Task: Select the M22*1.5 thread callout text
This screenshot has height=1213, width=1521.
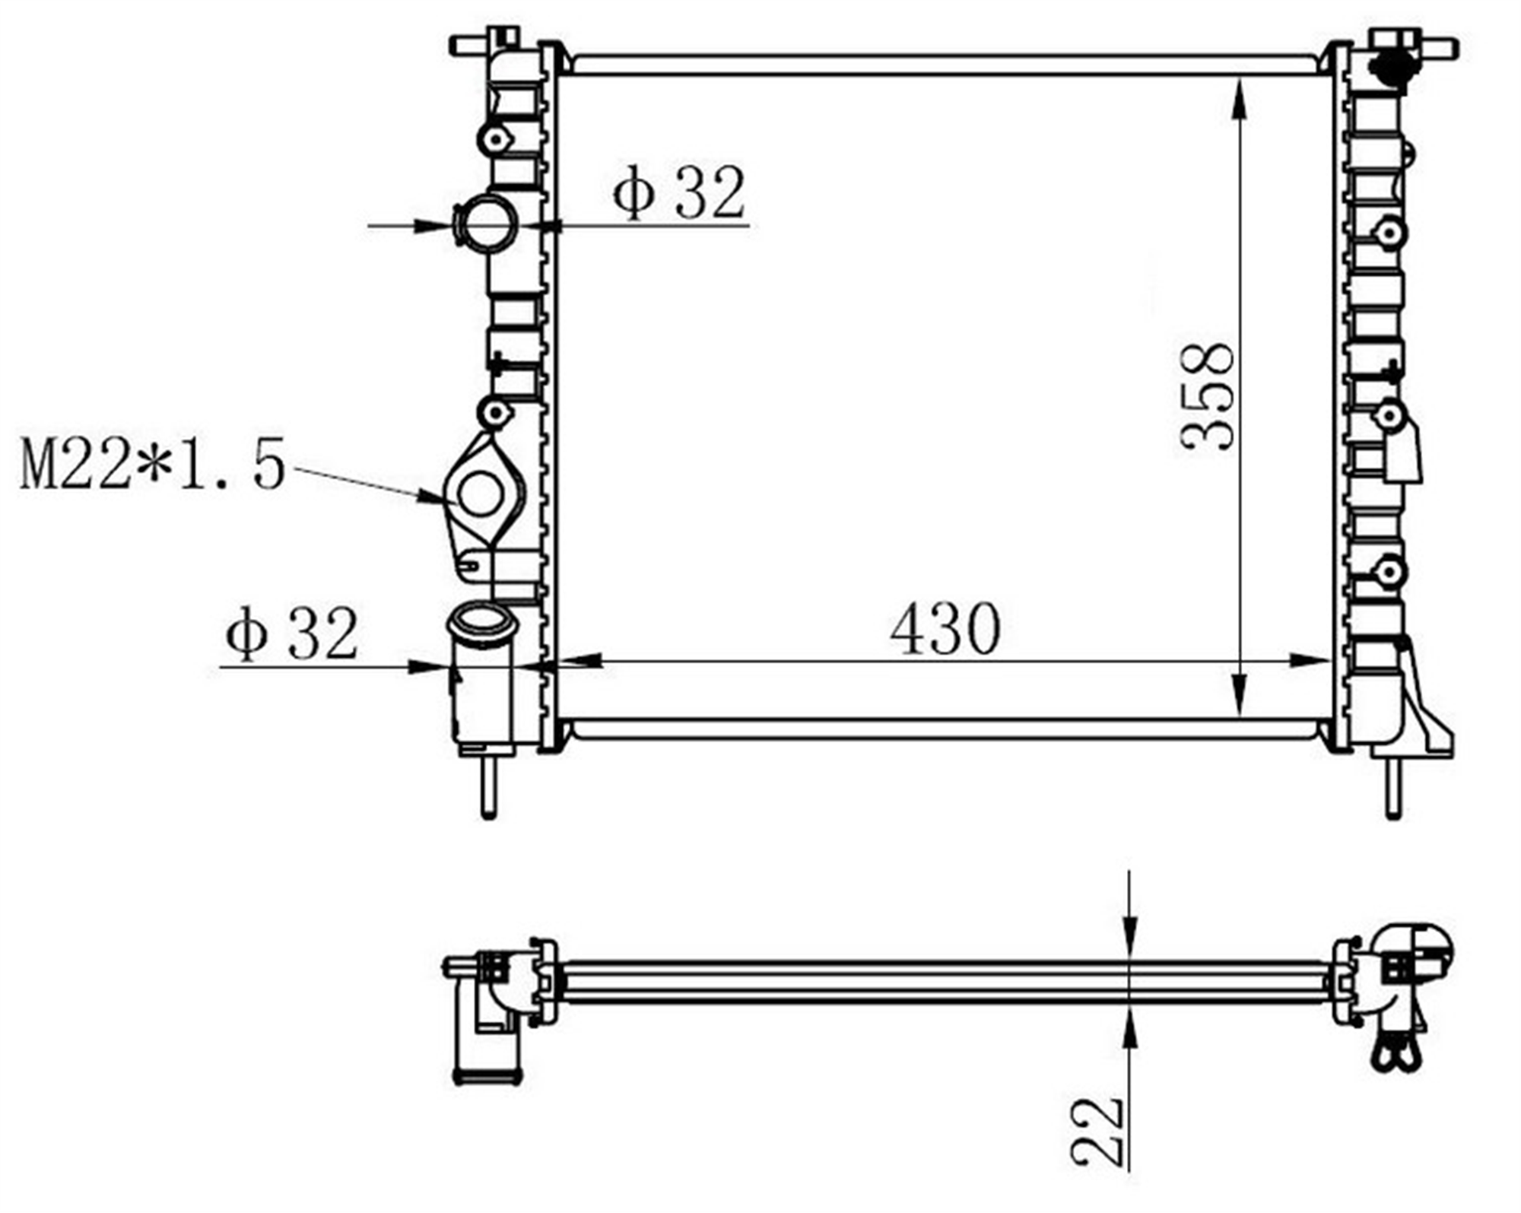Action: [153, 464]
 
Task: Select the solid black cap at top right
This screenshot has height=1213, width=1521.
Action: [1390, 70]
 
